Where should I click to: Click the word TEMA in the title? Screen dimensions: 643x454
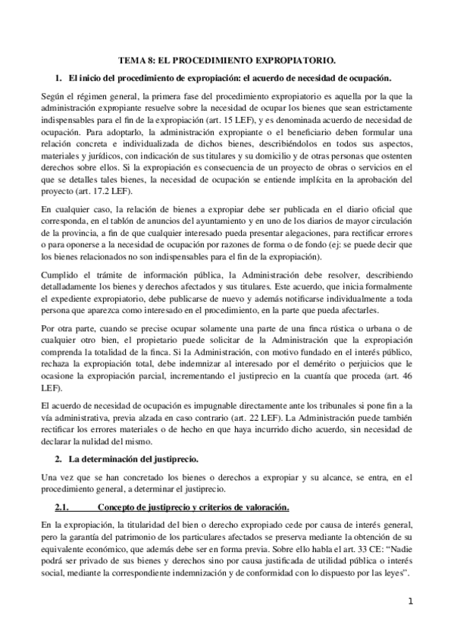coord(133,58)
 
